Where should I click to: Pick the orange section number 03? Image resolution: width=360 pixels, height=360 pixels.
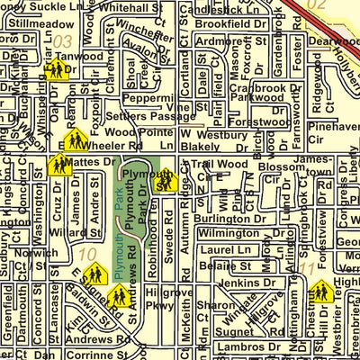click(62, 40)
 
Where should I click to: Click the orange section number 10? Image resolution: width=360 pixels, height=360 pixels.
click(87, 255)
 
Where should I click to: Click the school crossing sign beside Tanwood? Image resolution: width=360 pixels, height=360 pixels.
click(56, 70)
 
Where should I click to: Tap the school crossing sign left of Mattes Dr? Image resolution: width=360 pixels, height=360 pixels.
click(60, 165)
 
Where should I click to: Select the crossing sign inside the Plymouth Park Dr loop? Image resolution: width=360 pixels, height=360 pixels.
click(163, 182)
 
